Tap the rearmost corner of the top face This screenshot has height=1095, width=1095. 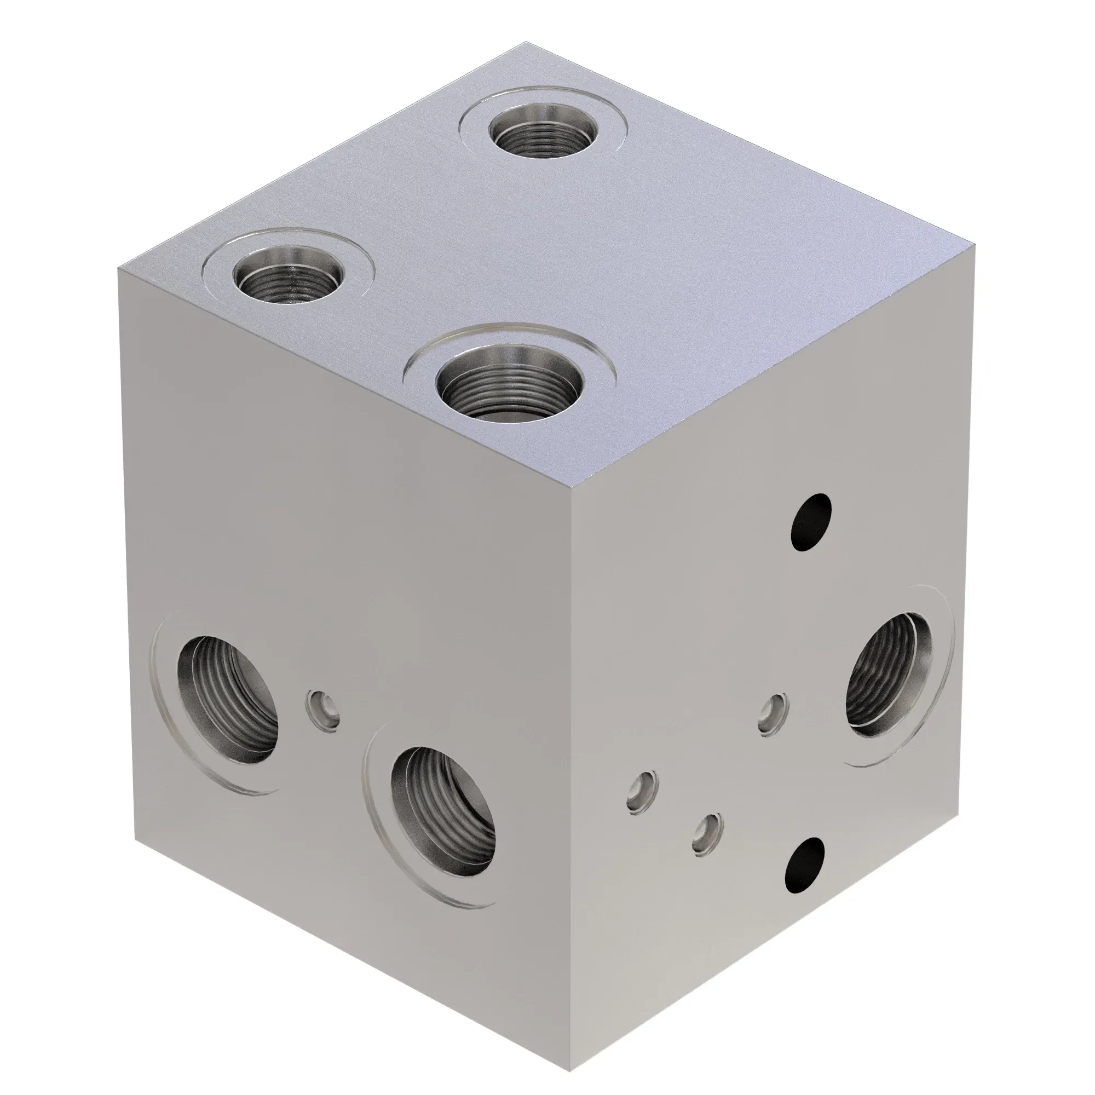point(525,42)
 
